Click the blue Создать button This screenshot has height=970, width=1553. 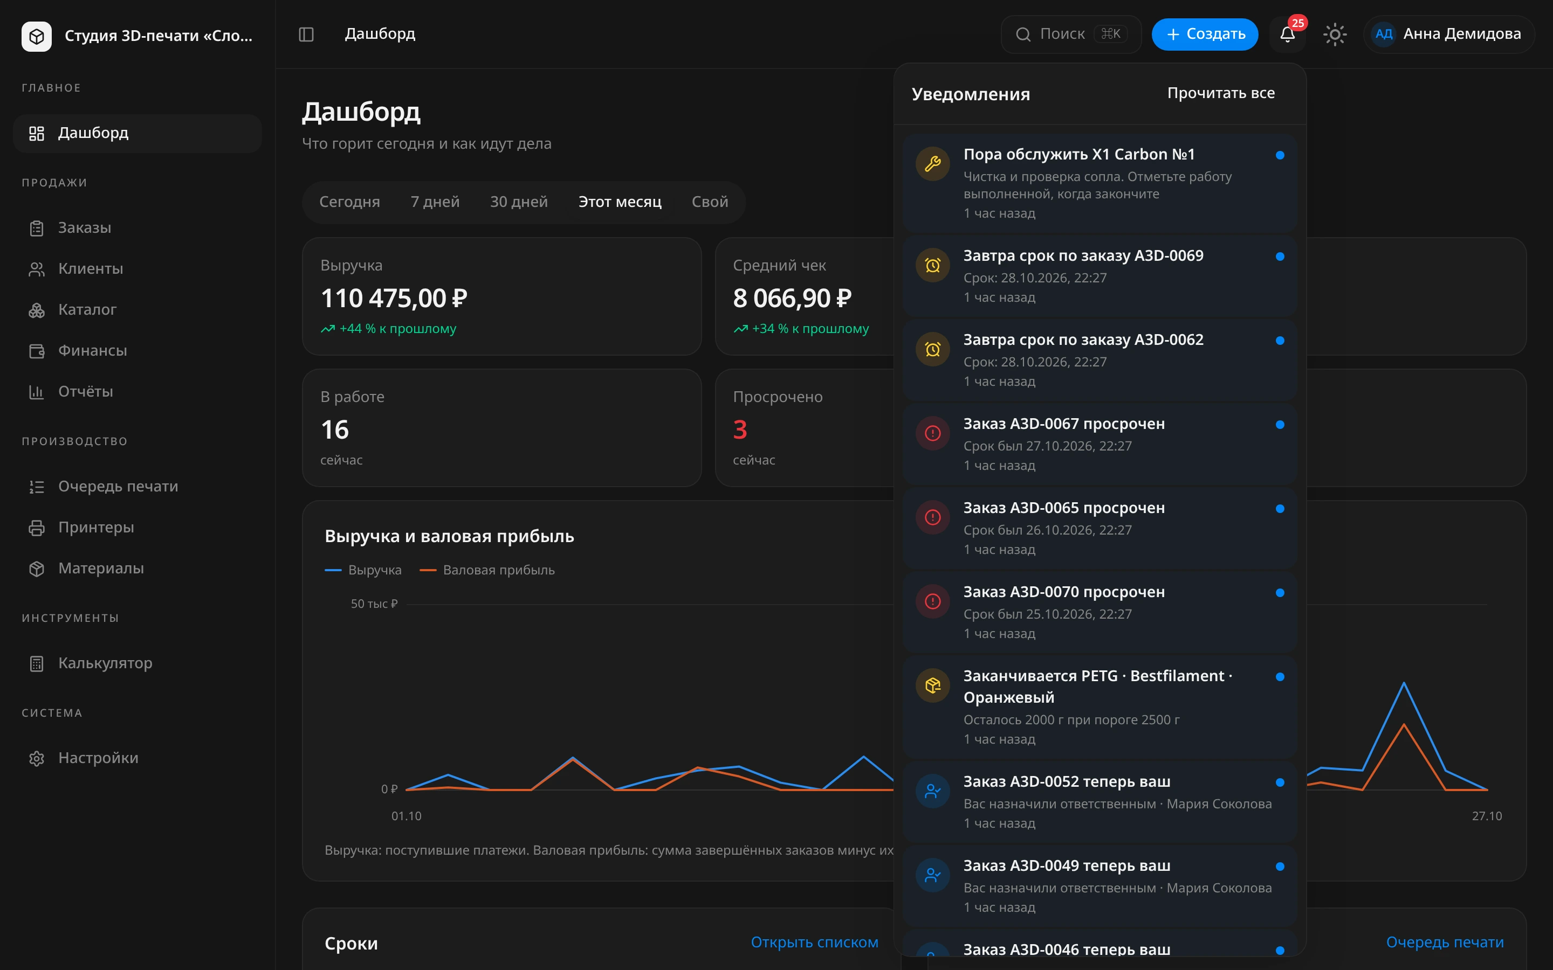1205,34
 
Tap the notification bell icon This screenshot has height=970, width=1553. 1287,34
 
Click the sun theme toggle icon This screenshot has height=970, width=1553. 1335,34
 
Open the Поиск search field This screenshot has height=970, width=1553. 1070,34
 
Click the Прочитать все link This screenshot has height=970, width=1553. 1221,93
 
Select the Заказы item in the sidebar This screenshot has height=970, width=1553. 84,228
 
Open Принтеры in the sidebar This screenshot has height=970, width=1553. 95,528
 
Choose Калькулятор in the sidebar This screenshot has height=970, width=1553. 105,663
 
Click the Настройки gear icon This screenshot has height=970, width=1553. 37,758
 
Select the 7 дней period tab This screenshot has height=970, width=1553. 435,202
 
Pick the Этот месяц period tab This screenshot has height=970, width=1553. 620,202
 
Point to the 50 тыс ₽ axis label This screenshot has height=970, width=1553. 374,604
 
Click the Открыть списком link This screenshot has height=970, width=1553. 814,943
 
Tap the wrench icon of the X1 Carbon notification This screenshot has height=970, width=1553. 932,164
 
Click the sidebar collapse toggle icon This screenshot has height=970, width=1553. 306,34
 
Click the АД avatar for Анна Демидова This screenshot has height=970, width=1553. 1384,34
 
